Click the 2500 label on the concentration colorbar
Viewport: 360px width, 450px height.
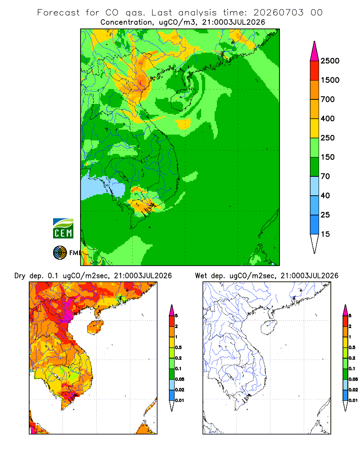[330, 61]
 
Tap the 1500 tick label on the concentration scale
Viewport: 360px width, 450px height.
[330, 80]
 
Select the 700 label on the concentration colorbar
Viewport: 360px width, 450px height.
[328, 99]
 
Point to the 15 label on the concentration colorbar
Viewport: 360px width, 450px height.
[325, 234]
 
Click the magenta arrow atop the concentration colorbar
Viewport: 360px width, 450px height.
[315, 52]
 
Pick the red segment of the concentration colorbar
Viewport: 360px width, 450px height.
[315, 71]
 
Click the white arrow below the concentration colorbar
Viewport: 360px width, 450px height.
[315, 243]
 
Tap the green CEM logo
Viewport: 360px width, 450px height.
[63, 229]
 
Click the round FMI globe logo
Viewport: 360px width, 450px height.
[60, 252]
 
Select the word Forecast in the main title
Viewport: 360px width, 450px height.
[58, 13]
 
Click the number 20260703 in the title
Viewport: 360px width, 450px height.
[278, 13]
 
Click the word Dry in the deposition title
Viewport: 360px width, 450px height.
[20, 276]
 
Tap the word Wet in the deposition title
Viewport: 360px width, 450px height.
[201, 276]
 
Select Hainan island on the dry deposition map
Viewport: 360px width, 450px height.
[95, 327]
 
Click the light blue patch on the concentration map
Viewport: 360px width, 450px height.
[102, 188]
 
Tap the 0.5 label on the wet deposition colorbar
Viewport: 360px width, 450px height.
[352, 347]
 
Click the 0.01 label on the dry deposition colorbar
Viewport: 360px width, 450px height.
[180, 400]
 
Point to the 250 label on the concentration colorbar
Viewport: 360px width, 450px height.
[328, 138]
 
